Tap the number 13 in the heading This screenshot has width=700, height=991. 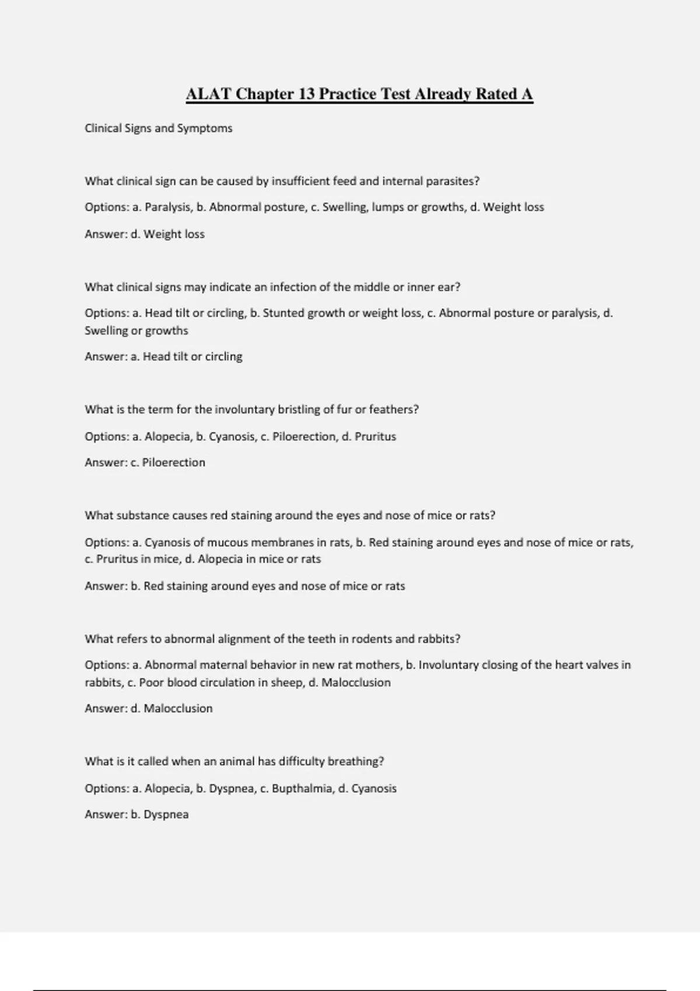tap(307, 94)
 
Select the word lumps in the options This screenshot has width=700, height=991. tap(387, 208)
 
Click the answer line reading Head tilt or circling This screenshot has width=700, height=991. tap(163, 357)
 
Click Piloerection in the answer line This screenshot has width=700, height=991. tap(174, 463)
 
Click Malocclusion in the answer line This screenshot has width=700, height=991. tap(178, 709)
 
